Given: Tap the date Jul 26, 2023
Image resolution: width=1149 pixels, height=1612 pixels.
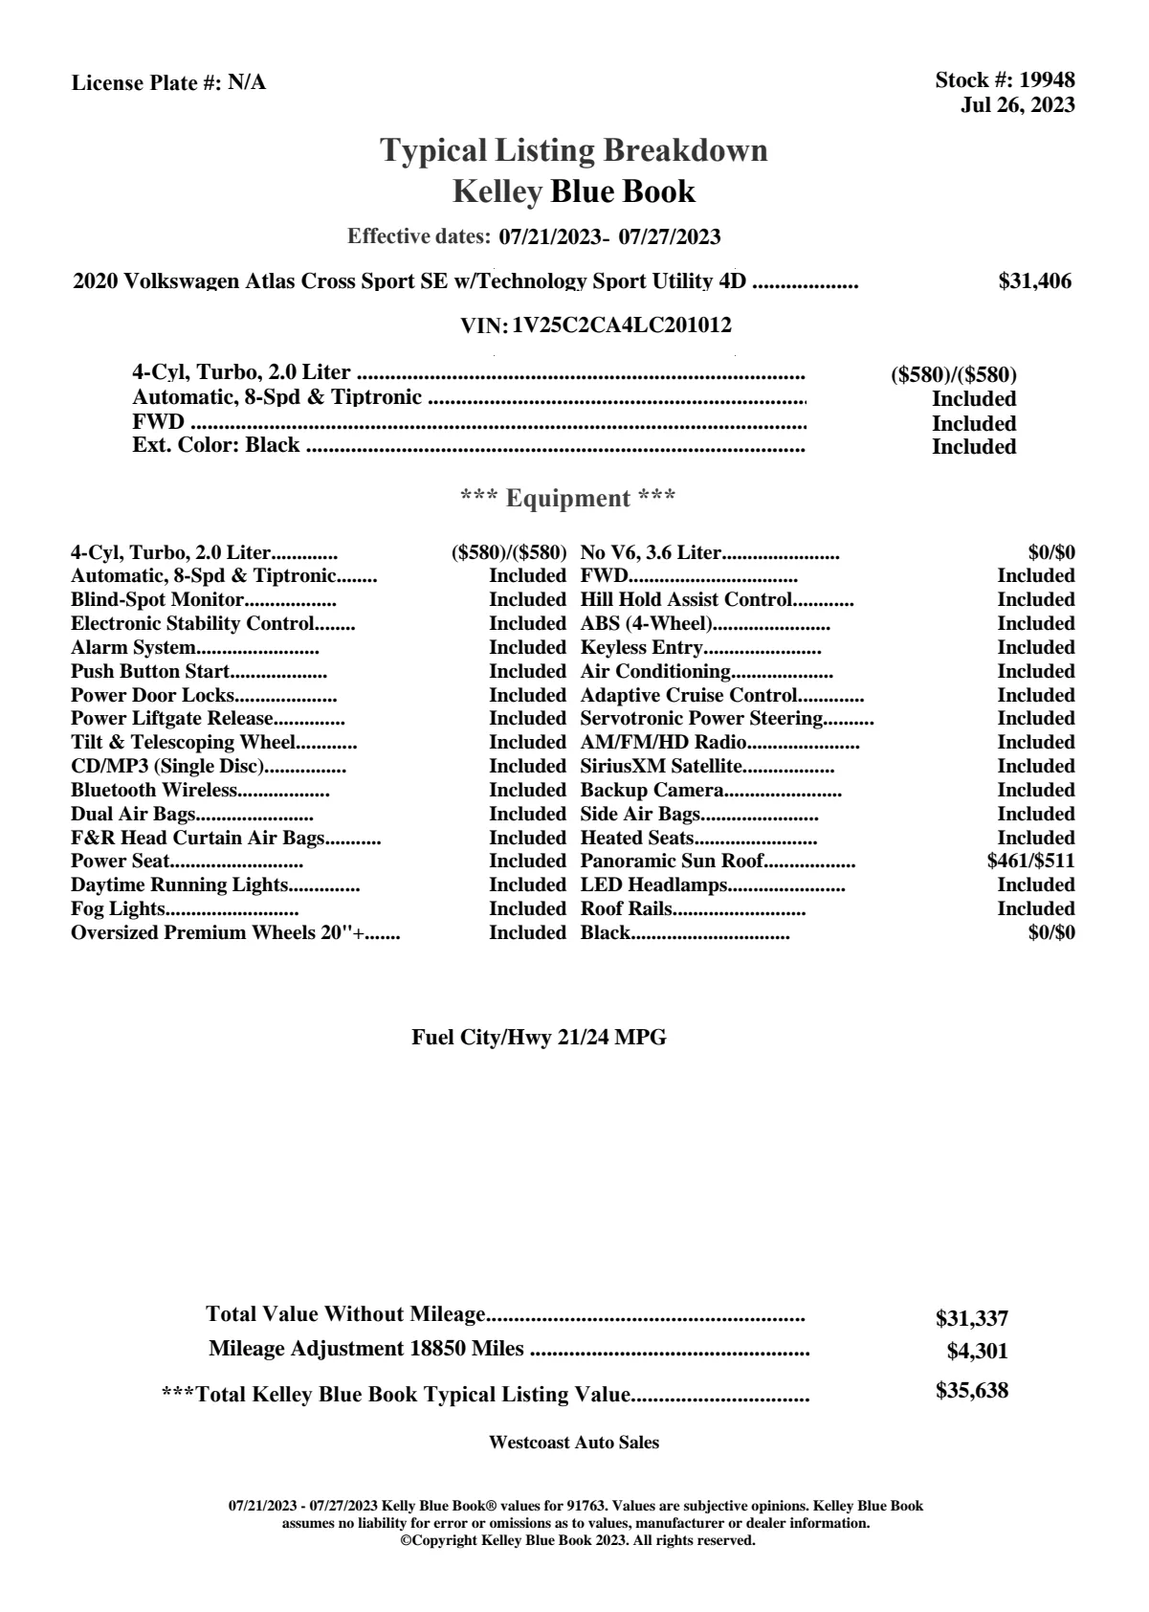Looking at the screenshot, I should point(1017,104).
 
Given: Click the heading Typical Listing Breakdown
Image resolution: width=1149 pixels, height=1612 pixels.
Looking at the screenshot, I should point(573,150).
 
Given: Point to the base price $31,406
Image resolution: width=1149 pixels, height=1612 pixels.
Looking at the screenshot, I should point(1035,281).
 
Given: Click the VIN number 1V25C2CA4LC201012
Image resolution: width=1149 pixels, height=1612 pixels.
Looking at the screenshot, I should point(622,325).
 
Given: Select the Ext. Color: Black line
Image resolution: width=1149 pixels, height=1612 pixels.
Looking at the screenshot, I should point(216,445).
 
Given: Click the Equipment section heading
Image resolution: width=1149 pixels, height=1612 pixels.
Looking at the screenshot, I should point(567,498).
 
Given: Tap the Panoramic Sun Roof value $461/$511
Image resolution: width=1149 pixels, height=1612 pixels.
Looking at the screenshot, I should point(1030,861).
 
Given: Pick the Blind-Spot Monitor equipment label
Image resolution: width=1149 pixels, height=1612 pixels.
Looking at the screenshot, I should point(157,600).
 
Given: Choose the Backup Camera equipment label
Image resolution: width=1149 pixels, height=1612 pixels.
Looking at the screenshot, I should point(652,791).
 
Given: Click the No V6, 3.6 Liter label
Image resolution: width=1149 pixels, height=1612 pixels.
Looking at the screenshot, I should point(650,552).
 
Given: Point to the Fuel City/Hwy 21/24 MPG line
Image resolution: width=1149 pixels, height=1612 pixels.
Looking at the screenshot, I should point(539,1038).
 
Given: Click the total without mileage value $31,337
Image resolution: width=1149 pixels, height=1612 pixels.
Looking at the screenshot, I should point(971,1318).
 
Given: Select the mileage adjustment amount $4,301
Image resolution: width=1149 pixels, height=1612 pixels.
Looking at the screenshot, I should point(977,1352).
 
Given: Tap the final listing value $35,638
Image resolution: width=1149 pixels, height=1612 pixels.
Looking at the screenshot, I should point(971,1391).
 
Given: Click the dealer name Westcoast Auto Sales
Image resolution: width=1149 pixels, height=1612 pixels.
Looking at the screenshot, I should point(573,1443).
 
